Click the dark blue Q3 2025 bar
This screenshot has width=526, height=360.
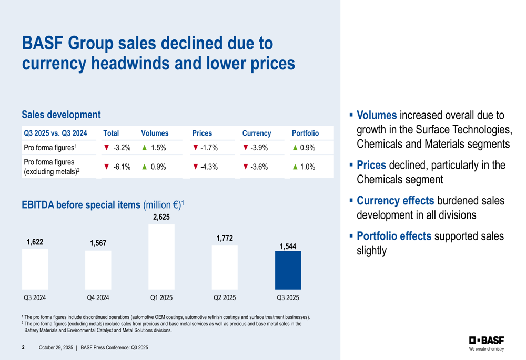coord(288,270)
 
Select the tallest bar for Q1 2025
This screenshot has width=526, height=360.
coord(161,256)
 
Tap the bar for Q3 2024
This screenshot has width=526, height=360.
coord(35,269)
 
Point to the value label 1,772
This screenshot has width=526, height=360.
coord(225,239)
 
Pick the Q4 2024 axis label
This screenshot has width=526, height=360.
coord(98,298)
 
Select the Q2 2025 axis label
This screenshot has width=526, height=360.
coord(225,298)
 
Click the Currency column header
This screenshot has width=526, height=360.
coord(257,133)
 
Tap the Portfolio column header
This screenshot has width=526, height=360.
coord(305,133)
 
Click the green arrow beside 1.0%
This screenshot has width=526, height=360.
coord(295,167)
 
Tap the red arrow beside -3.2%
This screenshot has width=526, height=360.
coord(106,148)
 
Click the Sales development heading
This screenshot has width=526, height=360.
coord(61,114)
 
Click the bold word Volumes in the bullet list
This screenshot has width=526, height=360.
coord(377,115)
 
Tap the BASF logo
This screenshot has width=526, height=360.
coord(487,340)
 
